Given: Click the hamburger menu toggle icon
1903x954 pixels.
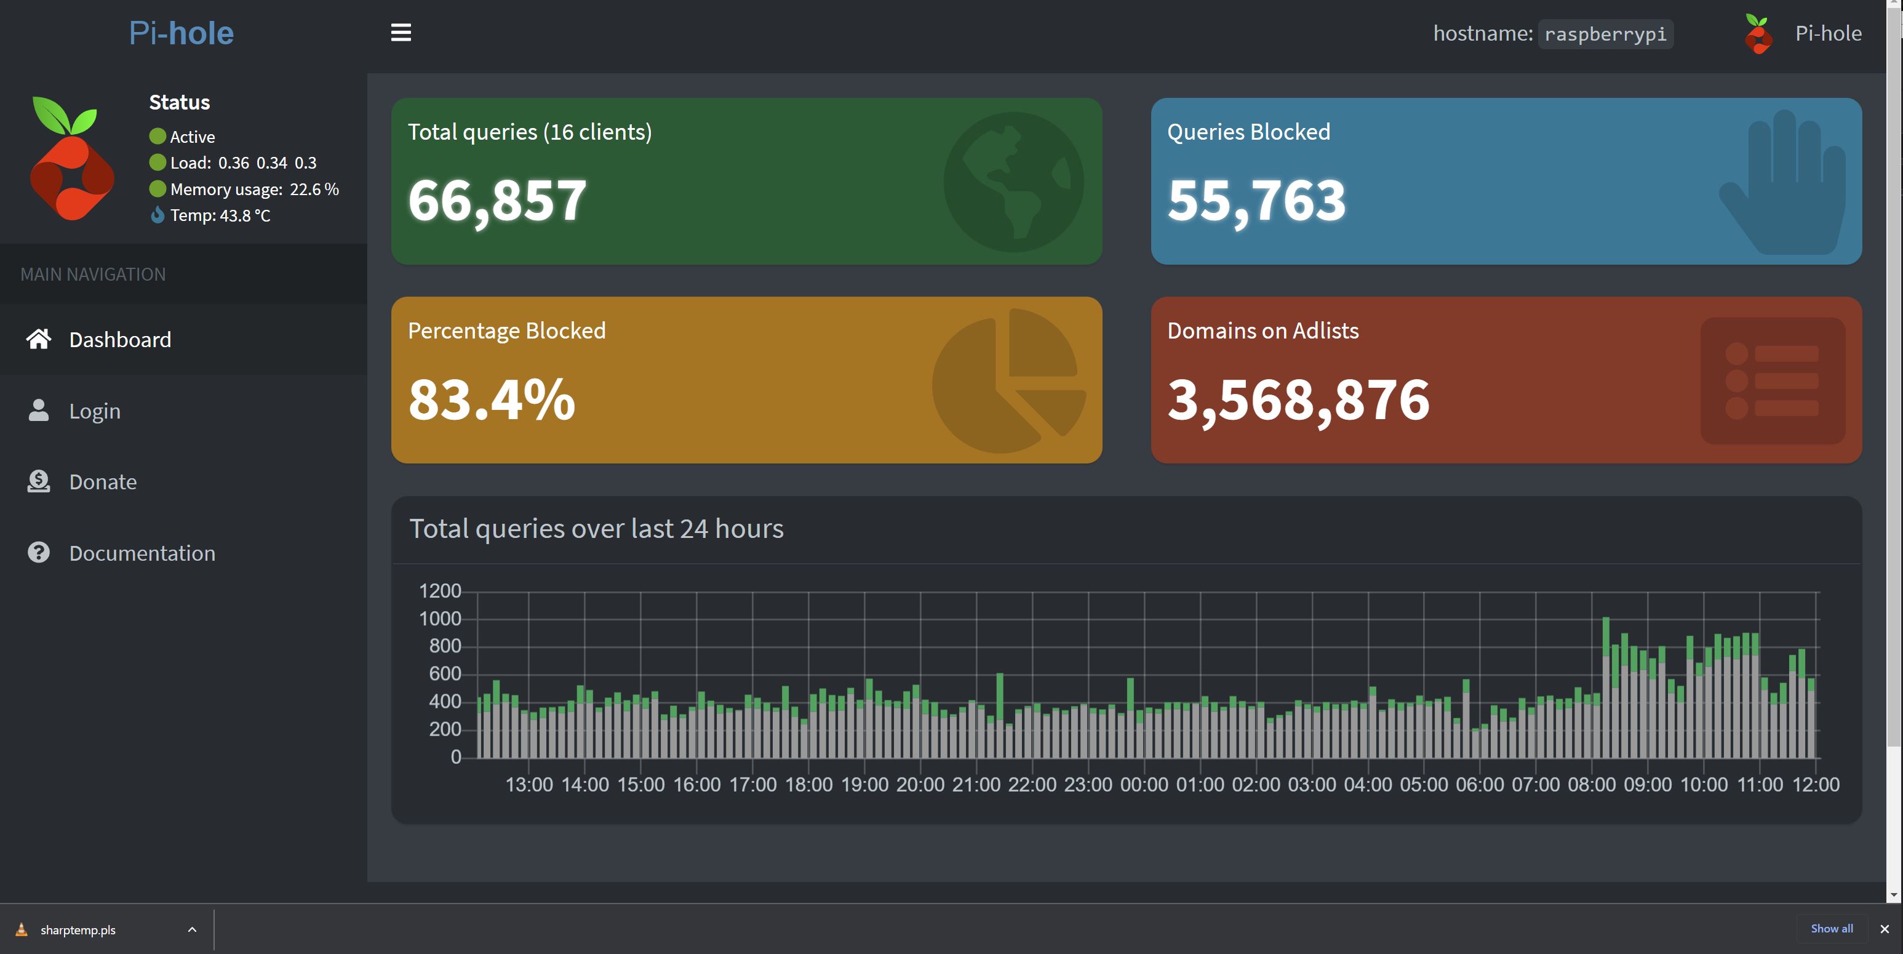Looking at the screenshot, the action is click(x=401, y=33).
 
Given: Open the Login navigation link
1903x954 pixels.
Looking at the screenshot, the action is click(x=95, y=411).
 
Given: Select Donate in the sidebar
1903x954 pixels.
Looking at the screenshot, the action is click(x=103, y=482).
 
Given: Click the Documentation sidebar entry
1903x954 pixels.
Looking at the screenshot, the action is click(x=142, y=553).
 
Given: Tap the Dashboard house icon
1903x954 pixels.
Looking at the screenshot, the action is click(x=38, y=339).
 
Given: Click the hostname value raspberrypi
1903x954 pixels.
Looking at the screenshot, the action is click(x=1605, y=34).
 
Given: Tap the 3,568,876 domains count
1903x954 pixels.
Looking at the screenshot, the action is click(x=1298, y=400).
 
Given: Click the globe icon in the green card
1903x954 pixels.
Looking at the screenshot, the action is click(x=1013, y=182).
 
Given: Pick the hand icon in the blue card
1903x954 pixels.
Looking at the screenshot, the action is click(x=1782, y=182).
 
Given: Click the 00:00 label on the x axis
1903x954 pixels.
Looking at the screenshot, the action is click(x=1144, y=785).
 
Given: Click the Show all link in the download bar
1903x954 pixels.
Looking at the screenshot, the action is click(x=1832, y=929).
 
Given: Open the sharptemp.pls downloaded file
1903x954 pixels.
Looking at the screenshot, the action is click(x=78, y=929).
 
